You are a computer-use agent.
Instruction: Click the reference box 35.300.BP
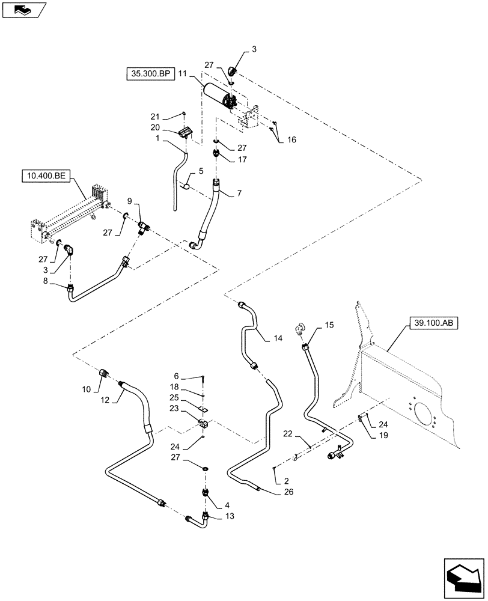(x=150, y=74)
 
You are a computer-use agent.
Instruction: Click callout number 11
(x=183, y=74)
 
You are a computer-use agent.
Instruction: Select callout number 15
(x=329, y=325)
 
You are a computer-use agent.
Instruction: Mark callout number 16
(x=291, y=139)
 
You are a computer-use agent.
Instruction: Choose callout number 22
(x=288, y=434)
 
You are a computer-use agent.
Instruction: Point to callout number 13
(x=230, y=516)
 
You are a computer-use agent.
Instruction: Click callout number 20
(x=155, y=127)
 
